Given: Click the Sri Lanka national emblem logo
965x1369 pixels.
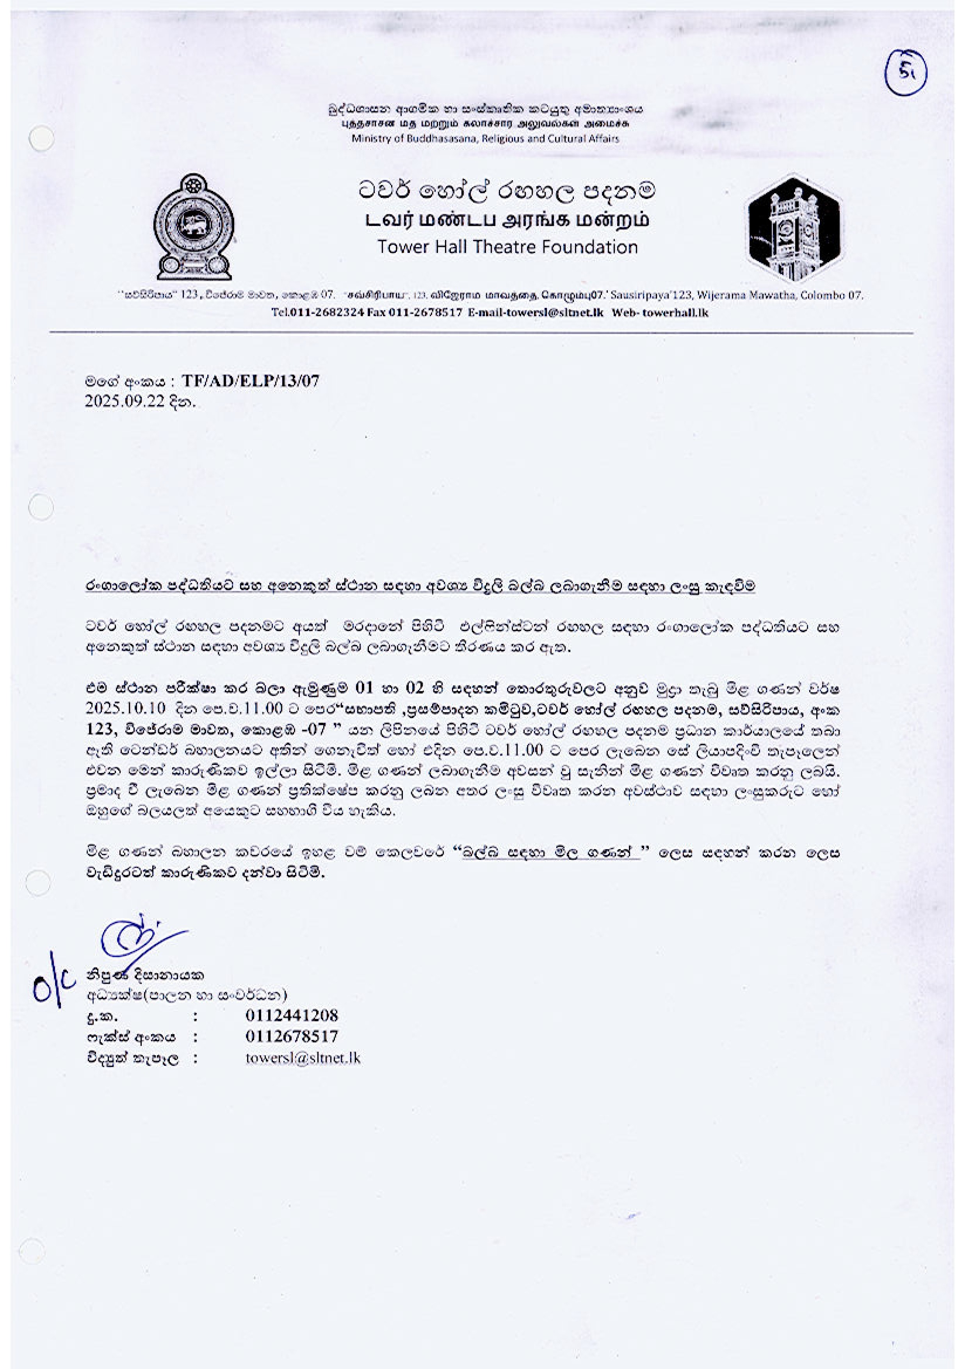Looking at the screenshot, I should pos(194,227).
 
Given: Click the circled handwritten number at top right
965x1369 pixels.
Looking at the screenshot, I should pos(905,73).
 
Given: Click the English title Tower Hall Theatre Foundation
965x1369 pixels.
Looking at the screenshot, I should pos(507,247).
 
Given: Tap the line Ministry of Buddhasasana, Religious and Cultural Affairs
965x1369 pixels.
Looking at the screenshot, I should pos(485,138).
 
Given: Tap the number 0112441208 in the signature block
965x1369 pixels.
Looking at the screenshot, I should pos(292,1015).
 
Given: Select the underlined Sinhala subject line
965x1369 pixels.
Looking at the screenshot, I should pos(420,587).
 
